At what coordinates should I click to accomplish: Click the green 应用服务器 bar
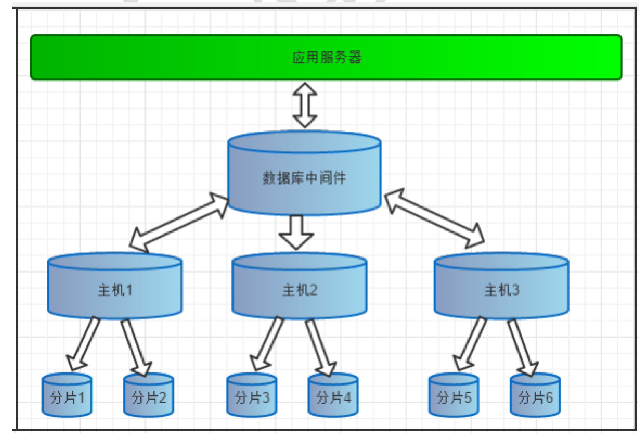[326, 57]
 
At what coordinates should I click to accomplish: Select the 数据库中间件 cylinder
[304, 173]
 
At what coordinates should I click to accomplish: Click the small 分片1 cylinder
[67, 395]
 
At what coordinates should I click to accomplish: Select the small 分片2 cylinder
[148, 395]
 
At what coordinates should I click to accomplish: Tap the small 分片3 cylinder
[252, 395]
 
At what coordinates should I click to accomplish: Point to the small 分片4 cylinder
[333, 395]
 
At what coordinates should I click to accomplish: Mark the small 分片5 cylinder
[454, 395]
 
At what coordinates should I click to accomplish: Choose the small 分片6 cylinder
[535, 395]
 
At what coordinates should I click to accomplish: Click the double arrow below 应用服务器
[305, 105]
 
